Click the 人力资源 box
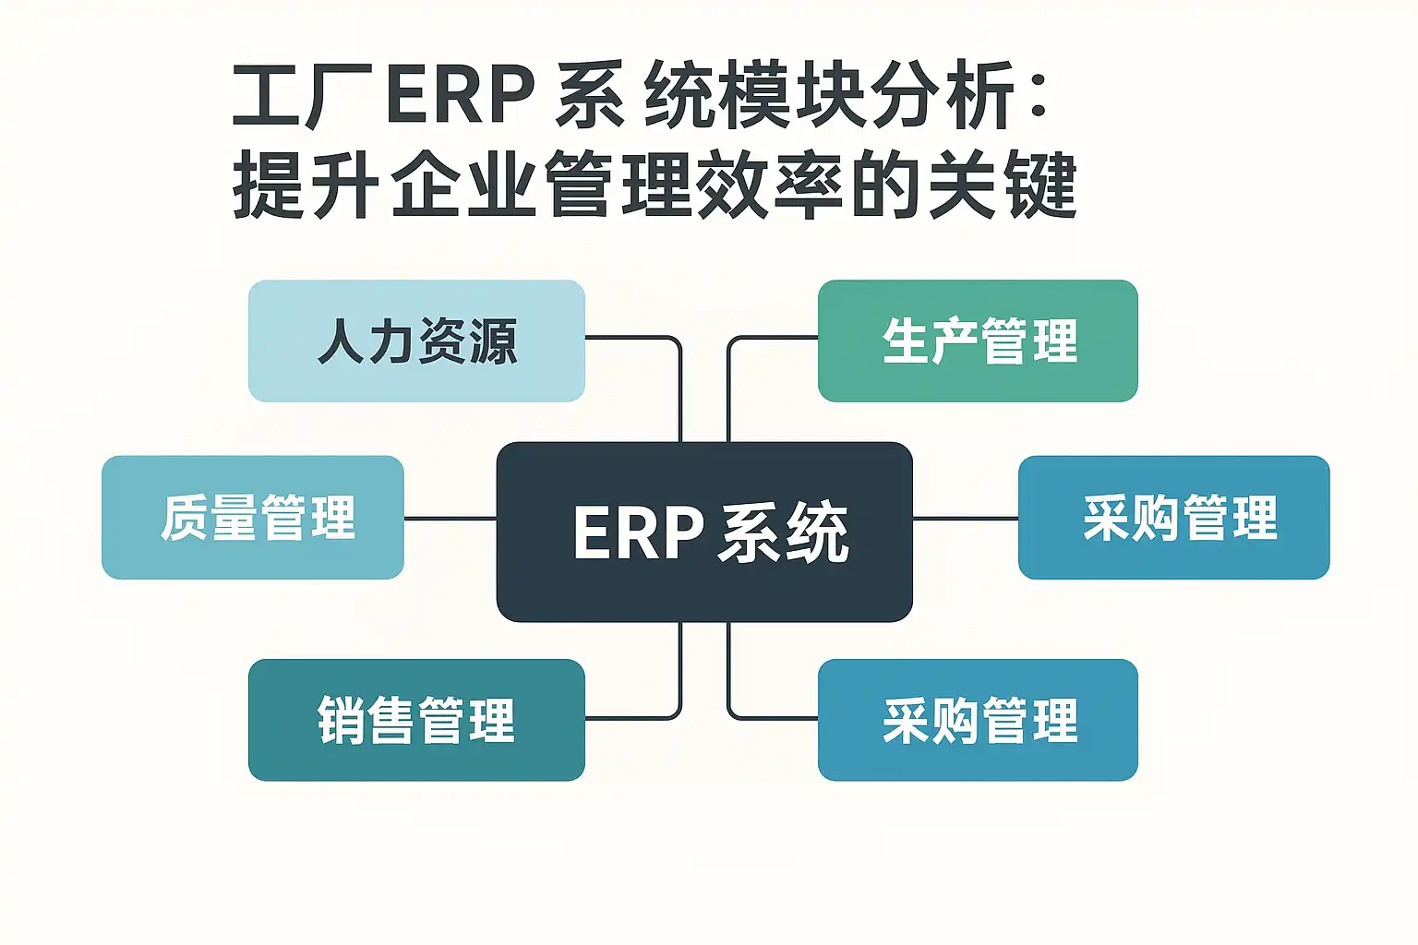coord(416,341)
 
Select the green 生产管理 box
coord(978,341)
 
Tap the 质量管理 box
coord(253,517)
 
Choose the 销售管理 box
coord(416,720)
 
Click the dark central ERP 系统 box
coord(704,532)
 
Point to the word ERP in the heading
coord(461,95)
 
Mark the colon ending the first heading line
coord(1039,95)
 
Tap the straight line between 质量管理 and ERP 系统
coord(450,518)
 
